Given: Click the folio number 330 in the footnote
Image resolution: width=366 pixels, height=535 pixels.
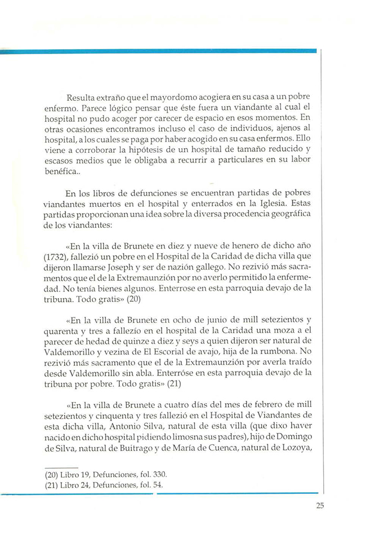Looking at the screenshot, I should click(159, 475).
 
